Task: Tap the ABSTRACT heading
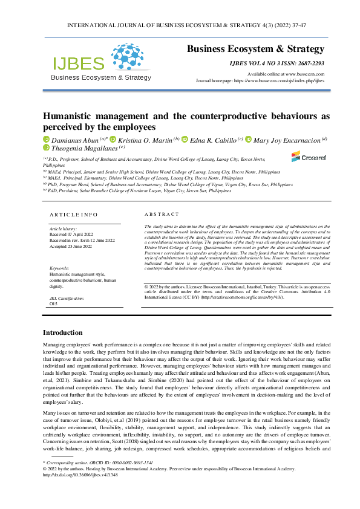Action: [162, 214]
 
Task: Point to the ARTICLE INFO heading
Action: [73, 214]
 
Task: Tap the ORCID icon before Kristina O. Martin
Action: [113, 139]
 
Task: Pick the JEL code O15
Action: [53, 305]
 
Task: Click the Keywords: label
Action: [59, 268]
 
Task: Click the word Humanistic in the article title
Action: [72, 115]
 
